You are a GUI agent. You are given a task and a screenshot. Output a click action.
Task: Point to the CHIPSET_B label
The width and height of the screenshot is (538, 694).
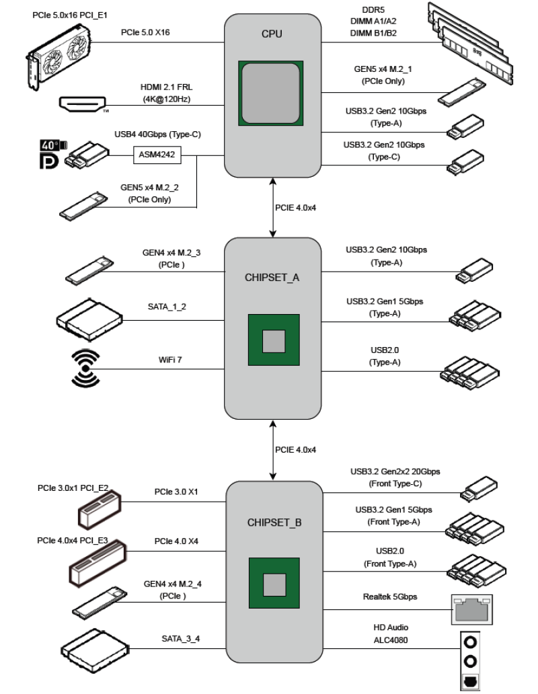[273, 521]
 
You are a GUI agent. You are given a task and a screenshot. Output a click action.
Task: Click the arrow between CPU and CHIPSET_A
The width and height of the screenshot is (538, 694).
[272, 207]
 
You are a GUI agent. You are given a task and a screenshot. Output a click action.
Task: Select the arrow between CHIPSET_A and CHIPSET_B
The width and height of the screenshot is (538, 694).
[272, 449]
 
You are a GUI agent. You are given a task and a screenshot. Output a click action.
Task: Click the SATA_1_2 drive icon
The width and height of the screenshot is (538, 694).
[89, 319]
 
